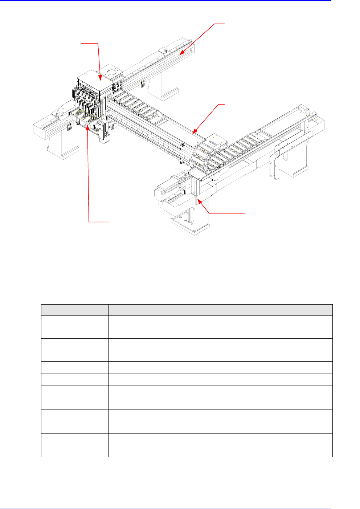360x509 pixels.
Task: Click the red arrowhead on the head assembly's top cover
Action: point(99,76)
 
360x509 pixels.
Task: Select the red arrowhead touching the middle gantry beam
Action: point(194,132)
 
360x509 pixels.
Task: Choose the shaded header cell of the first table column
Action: point(74,310)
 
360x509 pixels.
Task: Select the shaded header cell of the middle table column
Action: point(154,310)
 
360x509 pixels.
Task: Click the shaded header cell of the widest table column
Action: point(267,310)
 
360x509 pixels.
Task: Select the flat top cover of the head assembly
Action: point(95,82)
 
